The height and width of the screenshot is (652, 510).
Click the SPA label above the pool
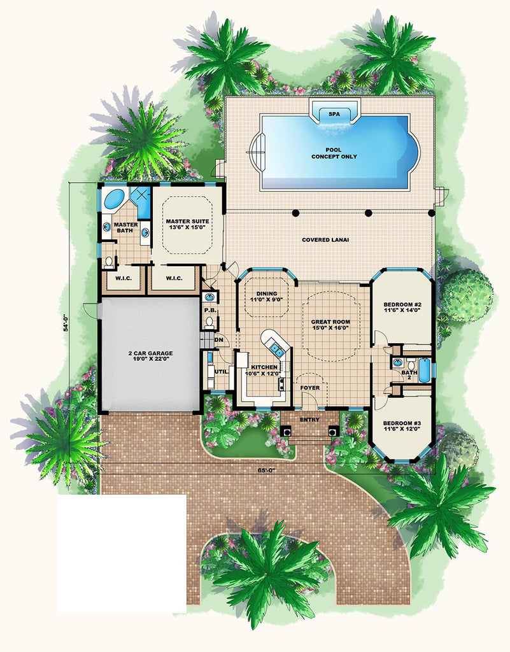(334, 114)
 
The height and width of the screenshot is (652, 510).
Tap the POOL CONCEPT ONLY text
(334, 153)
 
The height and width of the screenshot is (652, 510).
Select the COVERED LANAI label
(325, 240)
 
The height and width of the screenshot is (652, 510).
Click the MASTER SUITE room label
(187, 225)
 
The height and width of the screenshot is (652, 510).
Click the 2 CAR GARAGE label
(150, 357)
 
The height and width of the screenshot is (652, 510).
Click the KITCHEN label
(264, 367)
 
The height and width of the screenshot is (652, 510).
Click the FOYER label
(310, 388)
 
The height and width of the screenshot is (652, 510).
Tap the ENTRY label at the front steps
(309, 420)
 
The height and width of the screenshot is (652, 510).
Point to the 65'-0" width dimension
(266, 471)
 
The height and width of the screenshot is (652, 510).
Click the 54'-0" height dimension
(66, 323)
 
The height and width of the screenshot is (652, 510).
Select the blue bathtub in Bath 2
(425, 370)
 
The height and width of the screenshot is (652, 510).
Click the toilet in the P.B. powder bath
(209, 322)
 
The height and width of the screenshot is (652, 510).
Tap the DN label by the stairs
(219, 340)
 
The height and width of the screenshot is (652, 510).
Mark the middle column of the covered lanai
(368, 213)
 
